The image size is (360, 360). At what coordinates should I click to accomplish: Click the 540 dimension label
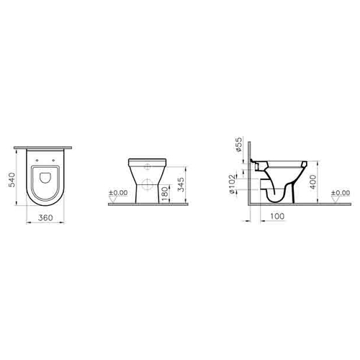click(x=12, y=180)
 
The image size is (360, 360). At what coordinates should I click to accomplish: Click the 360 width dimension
click(x=45, y=217)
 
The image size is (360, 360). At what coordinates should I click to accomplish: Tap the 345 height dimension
click(x=181, y=184)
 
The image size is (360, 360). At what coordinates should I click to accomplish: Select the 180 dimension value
click(x=164, y=194)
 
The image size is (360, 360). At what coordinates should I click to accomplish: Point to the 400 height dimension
click(x=312, y=181)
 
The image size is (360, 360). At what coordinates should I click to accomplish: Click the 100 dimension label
click(x=277, y=216)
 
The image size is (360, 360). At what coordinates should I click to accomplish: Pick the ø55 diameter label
click(x=238, y=145)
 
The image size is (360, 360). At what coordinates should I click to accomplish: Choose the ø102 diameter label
click(x=232, y=184)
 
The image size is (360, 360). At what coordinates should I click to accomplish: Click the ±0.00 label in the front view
click(x=118, y=192)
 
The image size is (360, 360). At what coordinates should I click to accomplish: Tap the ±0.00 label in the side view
click(x=341, y=192)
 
